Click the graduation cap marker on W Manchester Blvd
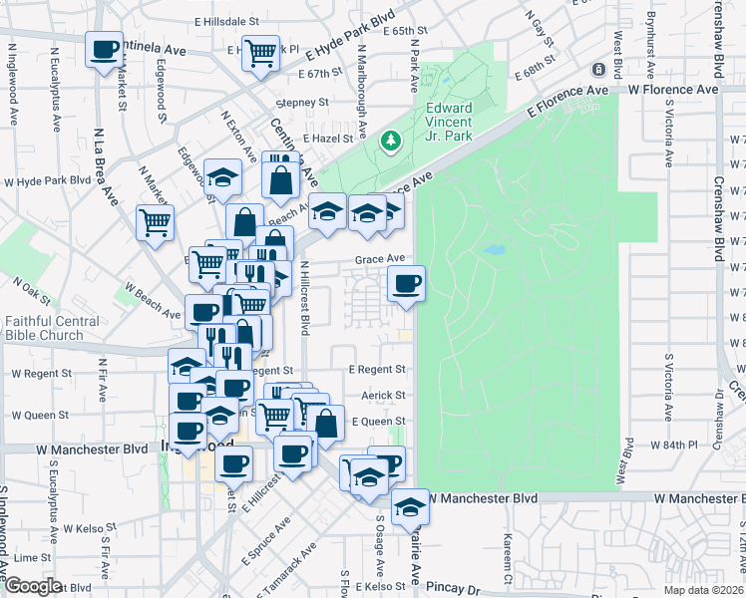click(409, 509)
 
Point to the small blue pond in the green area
click(494, 250)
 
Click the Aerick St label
click(385, 396)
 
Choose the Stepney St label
click(303, 103)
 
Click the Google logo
click(32, 586)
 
